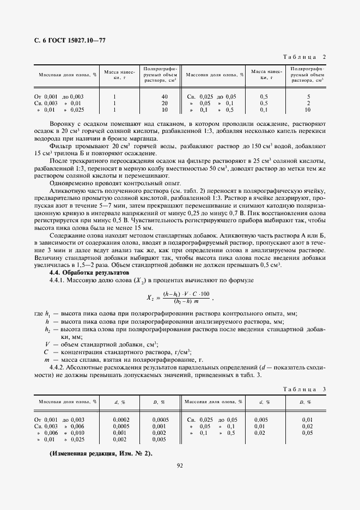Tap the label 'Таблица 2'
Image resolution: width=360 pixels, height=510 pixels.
pyautogui.click(x=305, y=57)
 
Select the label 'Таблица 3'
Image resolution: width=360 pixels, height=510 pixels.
pyautogui.click(x=305, y=389)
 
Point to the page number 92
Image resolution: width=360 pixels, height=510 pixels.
pyautogui.click(x=180, y=465)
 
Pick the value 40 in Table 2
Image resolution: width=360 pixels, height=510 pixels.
pyautogui.click(x=164, y=96)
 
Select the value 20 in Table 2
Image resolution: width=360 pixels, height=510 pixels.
pyautogui.click(x=164, y=103)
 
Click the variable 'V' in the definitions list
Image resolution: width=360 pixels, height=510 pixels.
pyautogui.click(x=47, y=344)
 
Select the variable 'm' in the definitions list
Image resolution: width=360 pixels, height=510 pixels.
pyautogui.click(x=47, y=360)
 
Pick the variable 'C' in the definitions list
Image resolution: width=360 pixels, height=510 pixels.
pyautogui.click(x=47, y=352)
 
